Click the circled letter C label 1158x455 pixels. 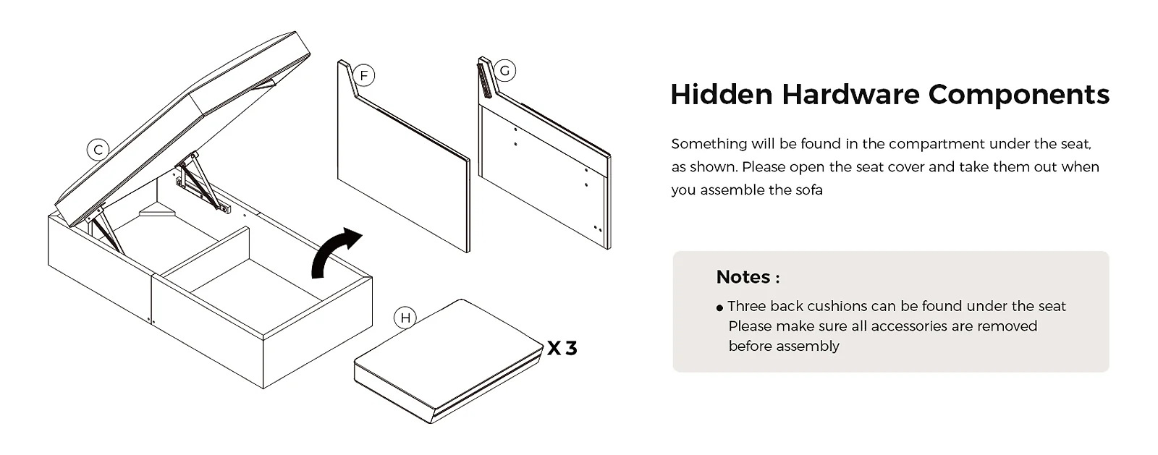click(x=98, y=150)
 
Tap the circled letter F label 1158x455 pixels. click(x=364, y=76)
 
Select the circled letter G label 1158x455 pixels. click(x=504, y=71)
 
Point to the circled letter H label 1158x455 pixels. click(x=405, y=318)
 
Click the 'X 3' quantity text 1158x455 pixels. click(x=562, y=348)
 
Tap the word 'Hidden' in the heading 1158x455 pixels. click(x=722, y=95)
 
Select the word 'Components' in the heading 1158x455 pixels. click(x=1019, y=95)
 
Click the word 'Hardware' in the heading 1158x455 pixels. click(x=850, y=95)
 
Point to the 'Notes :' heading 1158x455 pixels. click(x=748, y=277)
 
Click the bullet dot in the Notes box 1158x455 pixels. click(x=719, y=308)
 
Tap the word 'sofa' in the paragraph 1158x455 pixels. click(x=809, y=190)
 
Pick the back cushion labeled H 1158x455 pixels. click(x=449, y=361)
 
